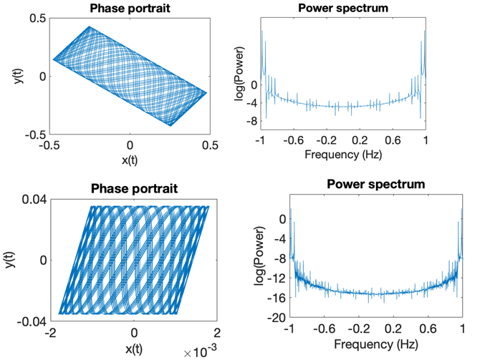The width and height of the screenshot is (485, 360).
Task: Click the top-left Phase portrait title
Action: pyautogui.click(x=130, y=9)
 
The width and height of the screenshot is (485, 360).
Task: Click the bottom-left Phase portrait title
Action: pyautogui.click(x=134, y=190)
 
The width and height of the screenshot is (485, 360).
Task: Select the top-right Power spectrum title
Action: pyautogui.click(x=342, y=9)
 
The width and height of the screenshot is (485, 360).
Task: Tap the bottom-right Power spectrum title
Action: pyautogui.click(x=375, y=184)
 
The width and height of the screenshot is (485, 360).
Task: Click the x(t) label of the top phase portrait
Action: pyautogui.click(x=130, y=160)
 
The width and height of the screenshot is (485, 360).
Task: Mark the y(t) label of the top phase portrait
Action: pyautogui.click(x=19, y=77)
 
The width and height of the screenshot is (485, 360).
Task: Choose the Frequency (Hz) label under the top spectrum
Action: pyautogui.click(x=342, y=154)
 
